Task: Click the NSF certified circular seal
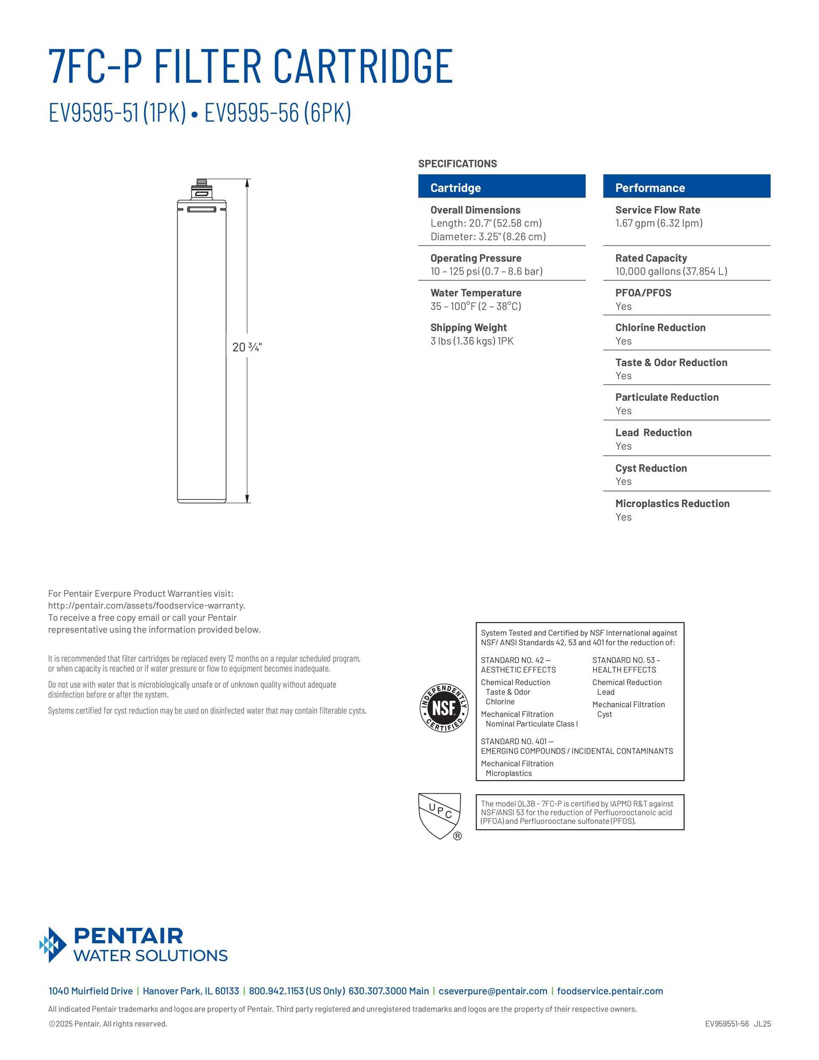click(443, 708)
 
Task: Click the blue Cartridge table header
click(501, 187)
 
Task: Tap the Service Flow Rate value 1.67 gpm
click(658, 223)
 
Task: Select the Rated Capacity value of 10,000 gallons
click(671, 271)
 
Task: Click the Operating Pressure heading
click(476, 258)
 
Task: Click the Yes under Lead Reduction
click(624, 446)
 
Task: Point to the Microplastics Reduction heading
click(672, 504)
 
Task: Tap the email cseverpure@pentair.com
click(493, 991)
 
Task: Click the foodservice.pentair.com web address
click(610, 991)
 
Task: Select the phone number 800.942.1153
click(276, 991)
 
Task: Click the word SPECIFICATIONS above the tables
click(457, 164)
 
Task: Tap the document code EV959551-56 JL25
click(738, 1024)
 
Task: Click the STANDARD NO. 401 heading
click(516, 741)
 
